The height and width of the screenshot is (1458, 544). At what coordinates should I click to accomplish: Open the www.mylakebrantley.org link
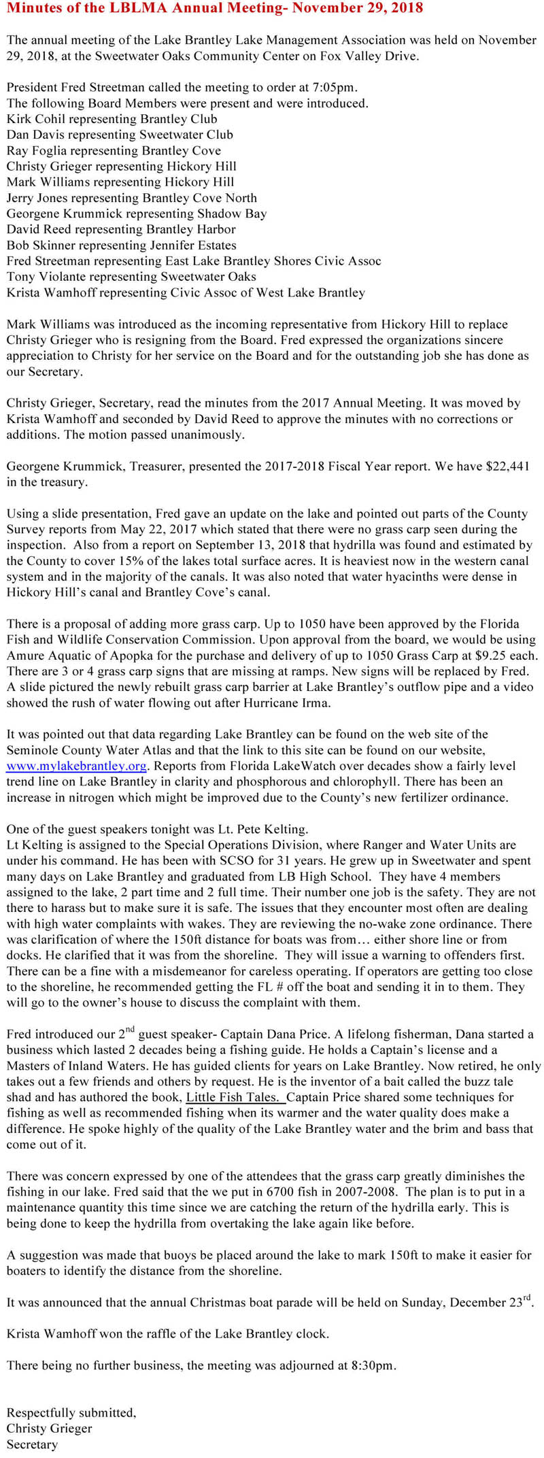coord(76,766)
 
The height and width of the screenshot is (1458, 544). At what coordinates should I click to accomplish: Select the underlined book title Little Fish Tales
coord(235,1097)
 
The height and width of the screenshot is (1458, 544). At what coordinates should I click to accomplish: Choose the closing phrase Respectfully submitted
coord(71,1412)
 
